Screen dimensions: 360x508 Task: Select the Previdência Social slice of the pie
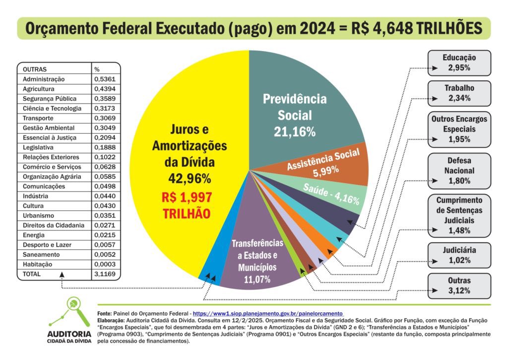(298, 114)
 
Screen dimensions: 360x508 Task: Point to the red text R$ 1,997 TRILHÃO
(187, 205)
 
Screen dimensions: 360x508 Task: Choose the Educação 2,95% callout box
(459, 63)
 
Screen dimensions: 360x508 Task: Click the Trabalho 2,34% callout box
(459, 93)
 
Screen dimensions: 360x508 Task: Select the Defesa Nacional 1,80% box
(459, 170)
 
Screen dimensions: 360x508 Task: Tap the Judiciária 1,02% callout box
(459, 255)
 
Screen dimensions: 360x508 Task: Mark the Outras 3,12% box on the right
(459, 286)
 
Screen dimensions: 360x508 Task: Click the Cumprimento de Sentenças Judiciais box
(459, 215)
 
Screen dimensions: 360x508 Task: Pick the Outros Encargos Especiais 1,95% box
(459, 129)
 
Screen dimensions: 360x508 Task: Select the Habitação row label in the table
(37, 264)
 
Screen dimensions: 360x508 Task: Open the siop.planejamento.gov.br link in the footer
(268, 314)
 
